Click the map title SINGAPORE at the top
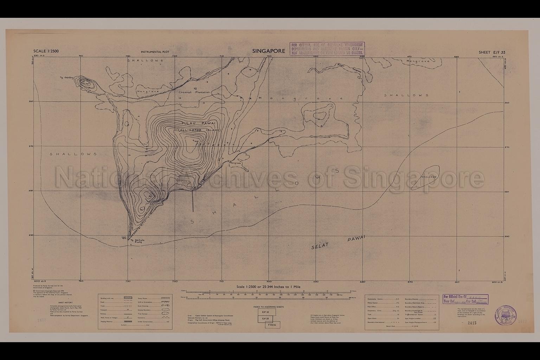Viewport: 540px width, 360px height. [x=268, y=51]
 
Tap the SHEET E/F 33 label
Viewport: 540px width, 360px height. [x=492, y=52]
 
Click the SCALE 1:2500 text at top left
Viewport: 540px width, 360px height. [x=46, y=51]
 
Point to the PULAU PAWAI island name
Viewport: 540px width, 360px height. [x=199, y=123]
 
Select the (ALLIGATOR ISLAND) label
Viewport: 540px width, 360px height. [x=199, y=130]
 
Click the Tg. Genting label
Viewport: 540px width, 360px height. [x=66, y=78]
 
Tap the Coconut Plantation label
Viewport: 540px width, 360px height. [x=194, y=92]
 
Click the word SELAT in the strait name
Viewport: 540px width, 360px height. [x=320, y=246]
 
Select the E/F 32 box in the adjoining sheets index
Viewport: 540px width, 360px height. [x=268, y=312]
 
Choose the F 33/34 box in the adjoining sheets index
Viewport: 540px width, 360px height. [x=272, y=325]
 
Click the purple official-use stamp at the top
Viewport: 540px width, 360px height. [x=327, y=49]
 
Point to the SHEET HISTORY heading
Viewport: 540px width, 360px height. [x=65, y=303]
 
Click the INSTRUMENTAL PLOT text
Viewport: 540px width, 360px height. [x=155, y=52]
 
